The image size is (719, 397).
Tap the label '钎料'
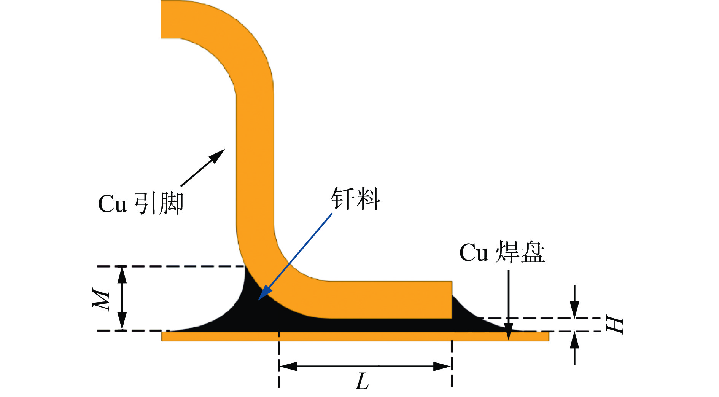[355, 199]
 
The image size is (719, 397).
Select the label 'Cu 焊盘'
[502, 252]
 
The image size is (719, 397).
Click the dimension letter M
[102, 299]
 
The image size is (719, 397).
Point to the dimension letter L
[362, 381]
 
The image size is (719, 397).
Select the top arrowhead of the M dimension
[122, 273]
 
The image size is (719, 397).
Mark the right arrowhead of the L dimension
[443, 367]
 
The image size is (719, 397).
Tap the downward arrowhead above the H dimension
[574, 310]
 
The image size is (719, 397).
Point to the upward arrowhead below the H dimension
[574, 340]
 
